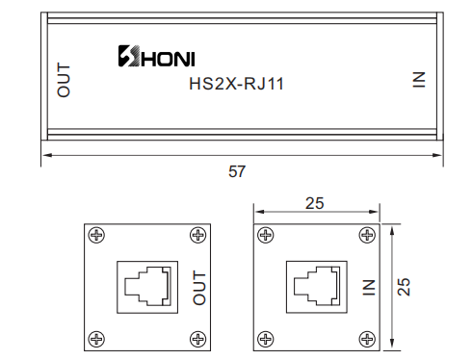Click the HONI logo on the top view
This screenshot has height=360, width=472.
pos(156,56)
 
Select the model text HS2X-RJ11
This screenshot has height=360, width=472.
pos(237,84)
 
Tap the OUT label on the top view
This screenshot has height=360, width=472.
pos(64,80)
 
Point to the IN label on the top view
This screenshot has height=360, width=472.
pos(419,80)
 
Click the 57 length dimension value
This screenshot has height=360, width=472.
pos(237,171)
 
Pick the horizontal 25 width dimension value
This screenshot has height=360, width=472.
pos(315,203)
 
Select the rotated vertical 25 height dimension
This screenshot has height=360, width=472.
pos(404,287)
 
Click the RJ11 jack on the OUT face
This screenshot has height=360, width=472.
pos(147,287)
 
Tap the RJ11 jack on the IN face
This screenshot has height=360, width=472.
pos(317,287)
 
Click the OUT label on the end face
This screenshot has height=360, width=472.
pos(199,288)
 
